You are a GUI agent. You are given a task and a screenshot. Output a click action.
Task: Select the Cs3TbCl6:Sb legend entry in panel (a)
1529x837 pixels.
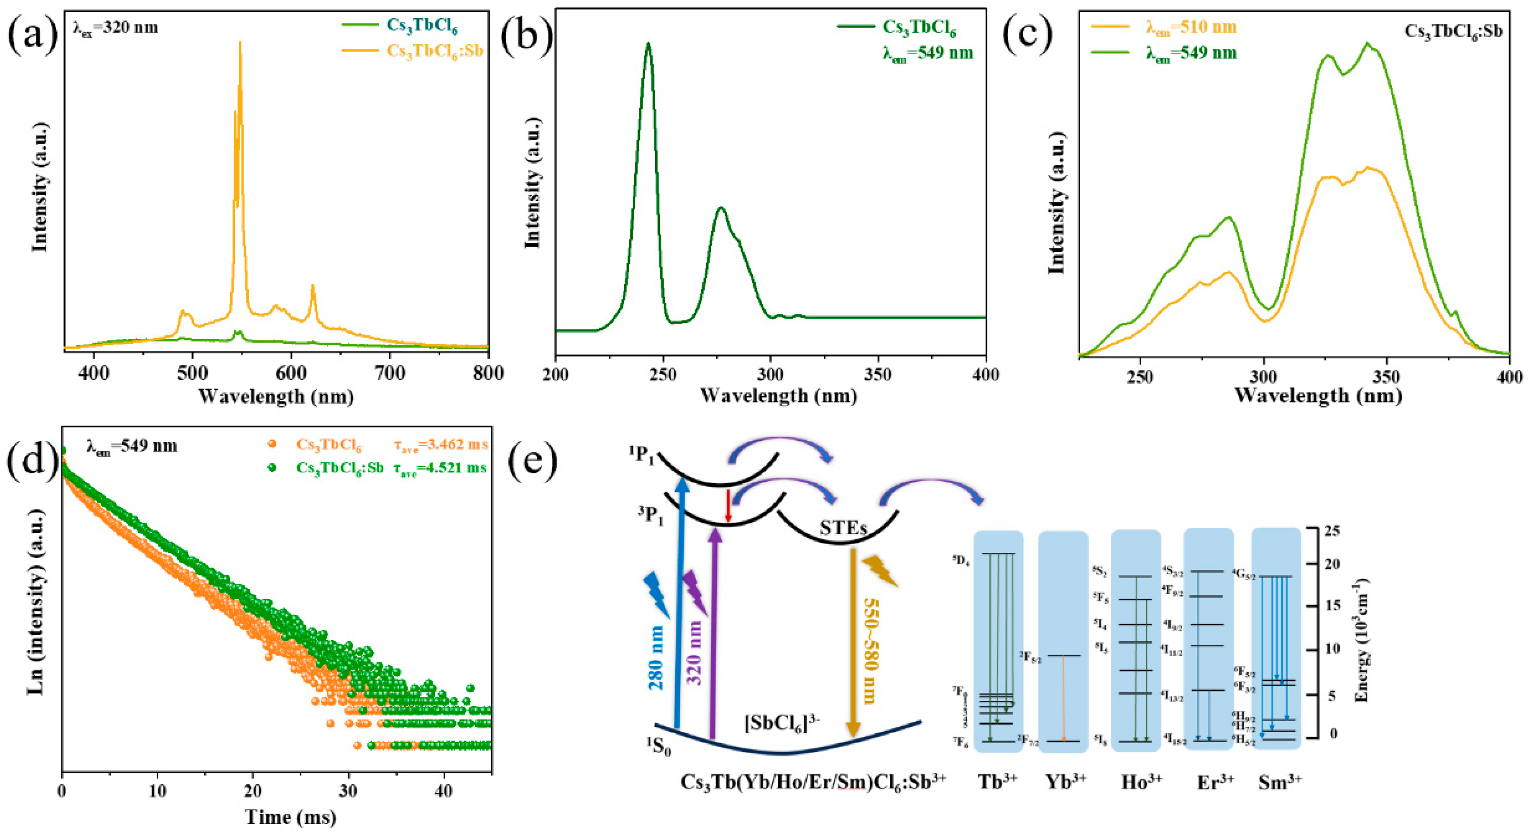coord(435,50)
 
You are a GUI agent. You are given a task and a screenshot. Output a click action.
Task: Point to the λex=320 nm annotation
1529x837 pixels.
coord(115,27)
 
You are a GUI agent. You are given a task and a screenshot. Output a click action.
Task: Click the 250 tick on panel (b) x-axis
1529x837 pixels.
coord(663,375)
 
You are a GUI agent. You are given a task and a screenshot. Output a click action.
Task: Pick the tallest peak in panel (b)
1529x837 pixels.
coord(648,44)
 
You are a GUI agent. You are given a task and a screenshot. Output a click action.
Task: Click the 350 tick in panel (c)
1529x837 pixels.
coord(1387,377)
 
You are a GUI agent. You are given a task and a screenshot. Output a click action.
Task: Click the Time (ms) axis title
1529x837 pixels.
coord(291,817)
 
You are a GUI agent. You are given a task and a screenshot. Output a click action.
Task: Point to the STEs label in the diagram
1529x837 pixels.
coord(843,528)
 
